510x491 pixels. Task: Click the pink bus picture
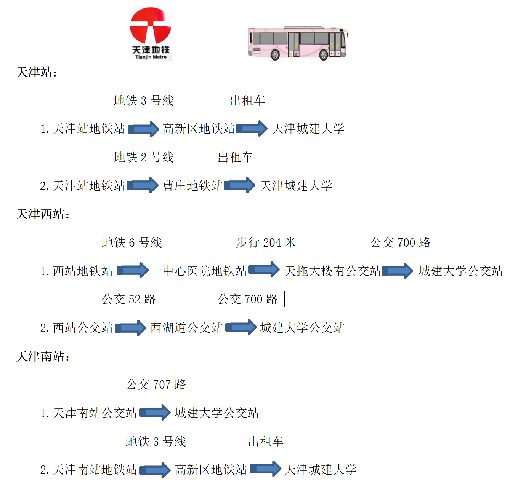tap(298, 43)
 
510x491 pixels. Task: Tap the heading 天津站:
tap(37, 72)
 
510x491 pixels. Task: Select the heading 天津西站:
tap(43, 214)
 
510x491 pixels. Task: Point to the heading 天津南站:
tap(43, 356)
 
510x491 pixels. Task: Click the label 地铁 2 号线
tap(144, 157)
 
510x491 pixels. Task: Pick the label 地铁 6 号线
tap(132, 242)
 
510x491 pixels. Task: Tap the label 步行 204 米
tap(266, 242)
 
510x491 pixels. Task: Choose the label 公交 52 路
tap(129, 299)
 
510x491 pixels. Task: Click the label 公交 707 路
tap(156, 384)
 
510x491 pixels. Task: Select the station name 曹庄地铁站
tap(193, 186)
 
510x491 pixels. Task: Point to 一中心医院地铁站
tap(199, 271)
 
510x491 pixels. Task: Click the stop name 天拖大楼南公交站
tap(333, 271)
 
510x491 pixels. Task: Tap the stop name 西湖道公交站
tap(186, 328)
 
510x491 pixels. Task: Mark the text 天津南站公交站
tap(95, 413)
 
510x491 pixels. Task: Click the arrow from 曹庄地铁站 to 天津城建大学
tap(240, 185)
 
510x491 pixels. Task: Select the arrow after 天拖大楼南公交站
tap(398, 271)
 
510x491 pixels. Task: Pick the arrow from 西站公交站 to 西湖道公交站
tap(131, 327)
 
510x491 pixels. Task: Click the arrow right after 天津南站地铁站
tap(155, 470)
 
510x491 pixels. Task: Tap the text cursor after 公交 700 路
tap(284, 299)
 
